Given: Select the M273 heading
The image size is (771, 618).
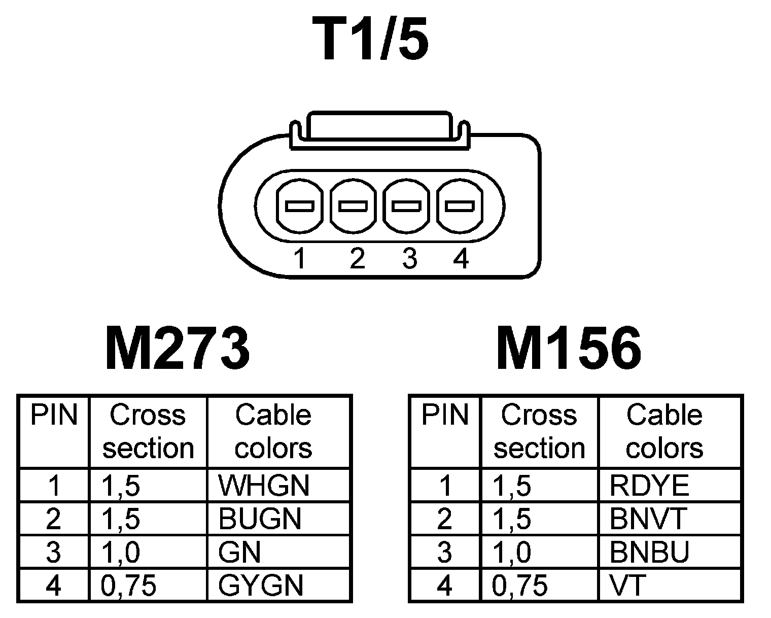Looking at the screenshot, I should (177, 349).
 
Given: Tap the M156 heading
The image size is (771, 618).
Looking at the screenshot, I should (569, 349).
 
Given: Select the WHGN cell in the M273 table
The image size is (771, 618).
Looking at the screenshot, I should (264, 486).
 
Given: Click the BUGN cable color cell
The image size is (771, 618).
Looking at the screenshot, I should (260, 519).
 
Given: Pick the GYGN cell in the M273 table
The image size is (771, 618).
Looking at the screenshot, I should (261, 586).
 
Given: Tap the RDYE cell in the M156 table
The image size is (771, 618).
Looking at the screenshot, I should (649, 486).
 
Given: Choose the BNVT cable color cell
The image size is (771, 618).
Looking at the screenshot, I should (648, 519).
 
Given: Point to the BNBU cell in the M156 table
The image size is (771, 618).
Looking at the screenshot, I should (649, 552).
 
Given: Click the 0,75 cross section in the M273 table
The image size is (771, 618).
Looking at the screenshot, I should (129, 586).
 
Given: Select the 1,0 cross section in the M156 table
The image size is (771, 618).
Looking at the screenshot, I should (512, 552).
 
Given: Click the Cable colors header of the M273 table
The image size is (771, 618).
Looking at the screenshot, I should (273, 432).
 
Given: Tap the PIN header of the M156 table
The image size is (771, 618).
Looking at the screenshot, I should (445, 415).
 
